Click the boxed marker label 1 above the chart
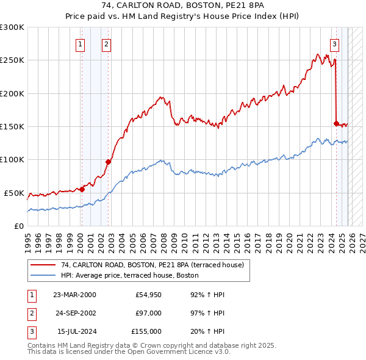(x=81, y=43)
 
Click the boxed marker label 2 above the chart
(x=106, y=43)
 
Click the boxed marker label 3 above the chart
(x=335, y=43)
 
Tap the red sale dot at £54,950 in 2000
(x=82, y=189)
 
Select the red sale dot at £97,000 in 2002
(x=108, y=162)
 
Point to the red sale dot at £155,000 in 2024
(x=336, y=123)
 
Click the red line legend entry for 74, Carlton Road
(x=152, y=265)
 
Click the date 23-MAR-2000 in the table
(x=74, y=295)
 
